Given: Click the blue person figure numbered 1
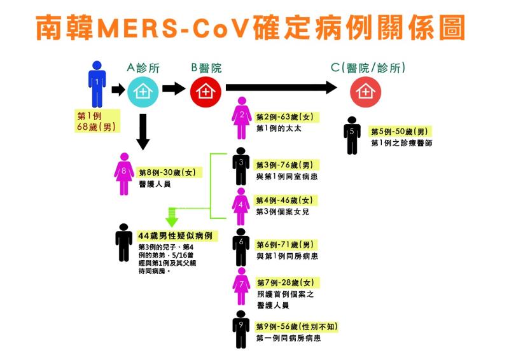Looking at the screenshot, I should [97, 84].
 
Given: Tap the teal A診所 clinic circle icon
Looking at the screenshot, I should [140, 92].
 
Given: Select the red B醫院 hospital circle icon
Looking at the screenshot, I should [204, 92].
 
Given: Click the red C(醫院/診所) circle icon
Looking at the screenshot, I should [363, 92].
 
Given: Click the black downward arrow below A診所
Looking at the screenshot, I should [144, 132].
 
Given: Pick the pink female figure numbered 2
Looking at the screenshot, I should [241, 119].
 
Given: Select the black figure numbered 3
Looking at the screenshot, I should [241, 167].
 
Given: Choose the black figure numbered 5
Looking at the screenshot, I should [352, 135].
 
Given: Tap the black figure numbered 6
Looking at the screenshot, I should [241, 247].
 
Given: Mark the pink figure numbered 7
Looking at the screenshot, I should [241, 286].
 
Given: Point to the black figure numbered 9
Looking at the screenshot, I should [241, 329].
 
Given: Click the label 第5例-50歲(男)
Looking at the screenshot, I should [402, 132].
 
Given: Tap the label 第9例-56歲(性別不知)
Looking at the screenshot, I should [296, 327].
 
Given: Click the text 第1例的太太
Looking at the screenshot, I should [278, 128].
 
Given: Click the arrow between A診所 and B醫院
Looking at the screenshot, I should [172, 88].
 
